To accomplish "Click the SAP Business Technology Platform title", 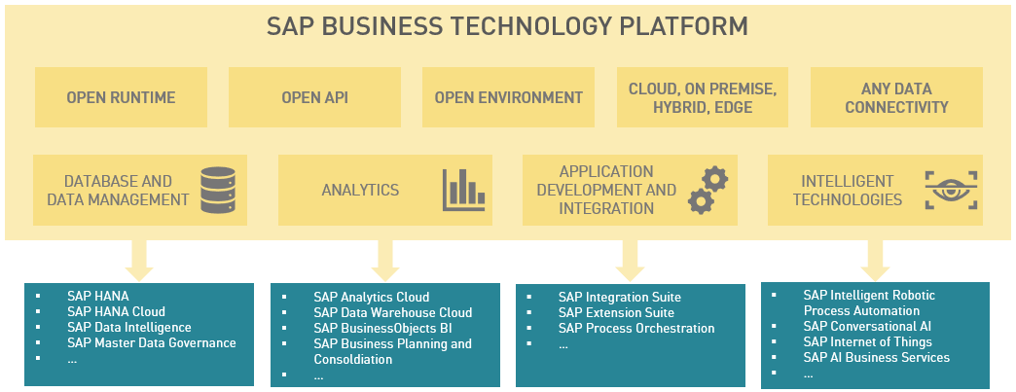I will pyautogui.click(x=507, y=26).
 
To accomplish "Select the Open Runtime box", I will pyautogui.click(x=121, y=97).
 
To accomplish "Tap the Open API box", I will pyautogui.click(x=314, y=97).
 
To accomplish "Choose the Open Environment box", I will pyautogui.click(x=508, y=97).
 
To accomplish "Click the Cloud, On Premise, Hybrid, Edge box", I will pyautogui.click(x=702, y=97).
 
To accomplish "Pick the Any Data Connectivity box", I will pyautogui.click(x=896, y=97).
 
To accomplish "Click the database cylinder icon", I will pyautogui.click(x=218, y=190).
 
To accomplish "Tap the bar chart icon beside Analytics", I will pyautogui.click(x=463, y=190).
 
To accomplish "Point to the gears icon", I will pyautogui.click(x=708, y=190).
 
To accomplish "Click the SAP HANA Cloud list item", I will pyautogui.click(x=116, y=311).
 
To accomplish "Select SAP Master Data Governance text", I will pyautogui.click(x=151, y=342).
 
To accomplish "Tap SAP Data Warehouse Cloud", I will pyautogui.click(x=392, y=312).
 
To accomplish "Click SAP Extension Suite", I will pyautogui.click(x=616, y=312).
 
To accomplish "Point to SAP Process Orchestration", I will pyautogui.click(x=636, y=328).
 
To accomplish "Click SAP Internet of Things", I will pyautogui.click(x=867, y=341).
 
